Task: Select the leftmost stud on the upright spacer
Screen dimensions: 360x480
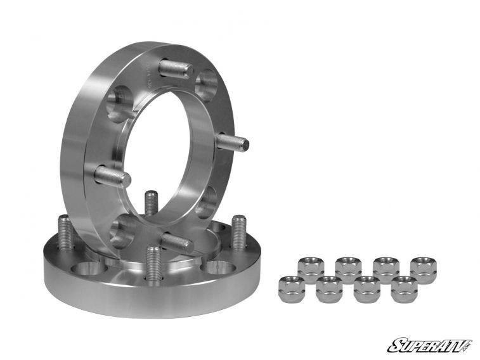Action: (x=113, y=175)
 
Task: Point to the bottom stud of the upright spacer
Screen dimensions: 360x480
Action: (x=177, y=241)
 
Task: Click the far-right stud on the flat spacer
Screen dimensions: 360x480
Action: (x=238, y=232)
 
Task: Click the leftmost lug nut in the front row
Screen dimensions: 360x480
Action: (x=291, y=289)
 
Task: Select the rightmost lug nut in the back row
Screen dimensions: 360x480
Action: (x=423, y=269)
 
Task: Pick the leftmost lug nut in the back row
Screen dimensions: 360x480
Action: (x=310, y=269)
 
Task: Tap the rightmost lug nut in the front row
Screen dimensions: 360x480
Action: (x=404, y=289)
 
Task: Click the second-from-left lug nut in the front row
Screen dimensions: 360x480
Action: (x=328, y=289)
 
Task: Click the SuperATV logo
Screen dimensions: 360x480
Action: (x=429, y=345)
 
